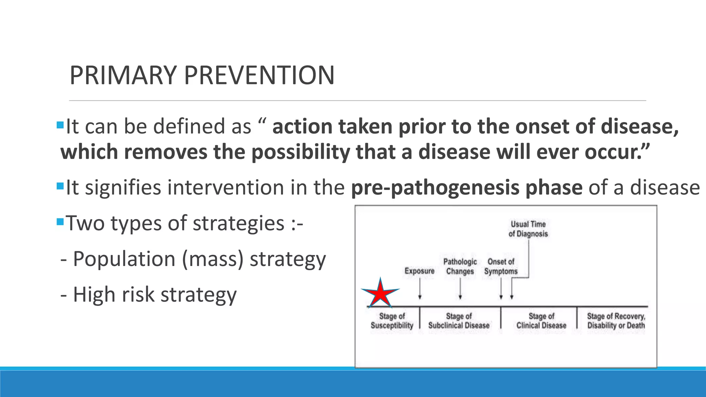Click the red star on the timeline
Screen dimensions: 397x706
(x=380, y=294)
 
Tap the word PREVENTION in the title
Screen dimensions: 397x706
(x=259, y=75)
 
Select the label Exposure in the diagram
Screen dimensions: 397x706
(x=419, y=271)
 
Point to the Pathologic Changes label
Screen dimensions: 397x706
(x=460, y=266)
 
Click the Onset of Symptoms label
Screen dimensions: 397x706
(x=501, y=266)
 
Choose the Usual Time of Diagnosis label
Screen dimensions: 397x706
(x=528, y=229)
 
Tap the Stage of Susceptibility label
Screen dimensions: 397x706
(x=392, y=321)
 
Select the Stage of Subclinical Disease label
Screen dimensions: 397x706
(x=459, y=321)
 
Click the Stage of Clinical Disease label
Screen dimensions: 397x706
(x=541, y=321)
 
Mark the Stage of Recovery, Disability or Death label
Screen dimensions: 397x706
(x=616, y=321)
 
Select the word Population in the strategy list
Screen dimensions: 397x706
(x=124, y=259)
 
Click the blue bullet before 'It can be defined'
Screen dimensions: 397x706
(x=60, y=124)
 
